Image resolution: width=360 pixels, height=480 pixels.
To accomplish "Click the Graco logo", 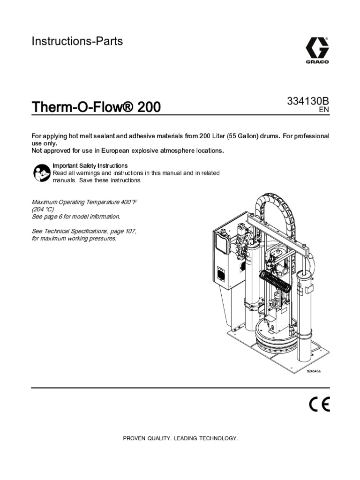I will tap(317, 51).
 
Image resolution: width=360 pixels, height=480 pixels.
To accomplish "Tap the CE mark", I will tap(319, 404).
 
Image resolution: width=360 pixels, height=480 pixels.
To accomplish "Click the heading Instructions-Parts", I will tap(77, 41).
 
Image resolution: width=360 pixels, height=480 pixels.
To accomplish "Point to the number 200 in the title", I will tap(149, 107).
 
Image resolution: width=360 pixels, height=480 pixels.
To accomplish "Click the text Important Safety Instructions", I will tap(90, 166).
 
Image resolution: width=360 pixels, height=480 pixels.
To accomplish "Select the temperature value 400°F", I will tap(125, 202).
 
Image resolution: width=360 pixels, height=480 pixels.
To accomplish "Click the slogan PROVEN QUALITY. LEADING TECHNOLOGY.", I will tap(180, 438).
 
